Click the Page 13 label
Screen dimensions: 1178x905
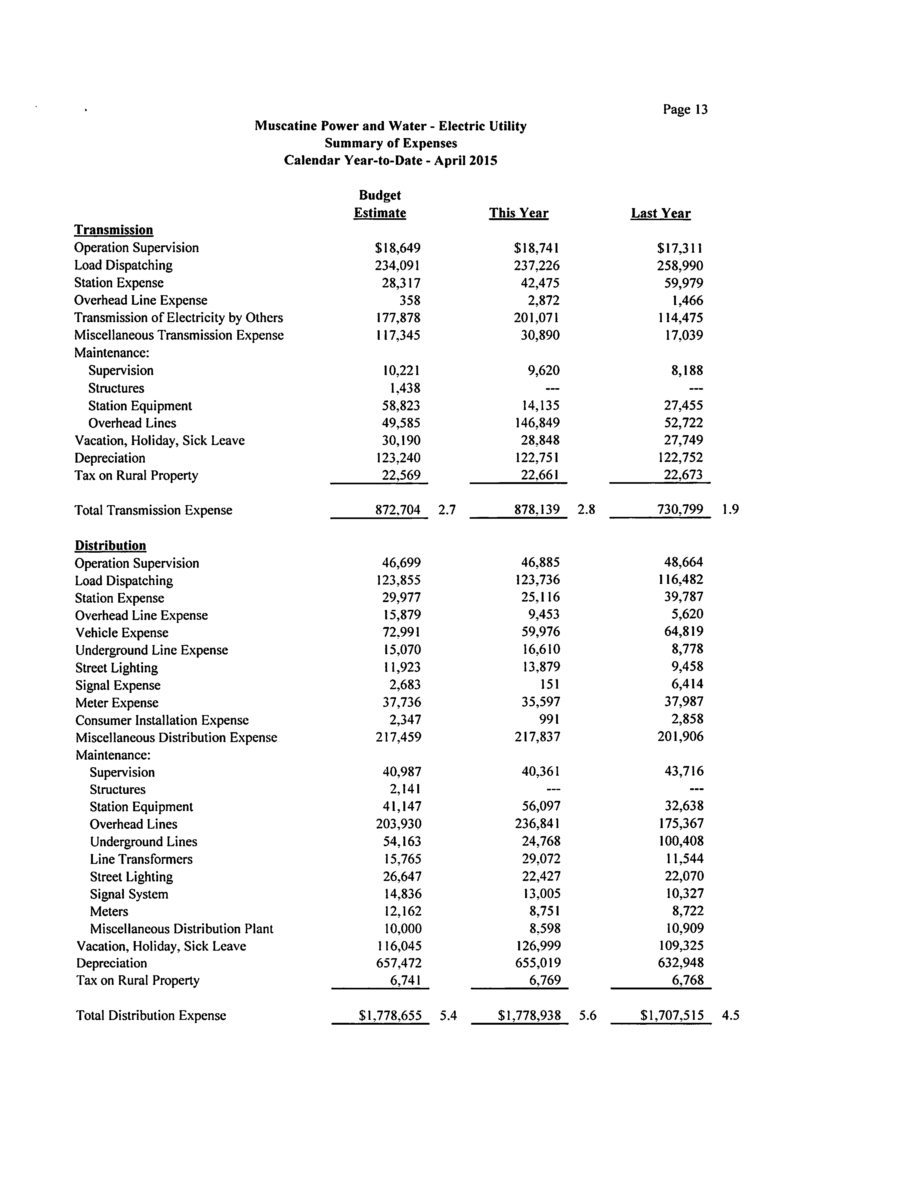tap(685, 110)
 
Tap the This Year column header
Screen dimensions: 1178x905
tap(518, 213)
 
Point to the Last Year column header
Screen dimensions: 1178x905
tap(660, 213)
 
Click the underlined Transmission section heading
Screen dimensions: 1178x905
tap(114, 230)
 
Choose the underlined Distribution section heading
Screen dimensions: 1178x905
tap(111, 545)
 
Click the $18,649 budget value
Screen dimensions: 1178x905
tap(398, 248)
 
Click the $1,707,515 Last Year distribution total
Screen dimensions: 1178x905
tap(672, 1015)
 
